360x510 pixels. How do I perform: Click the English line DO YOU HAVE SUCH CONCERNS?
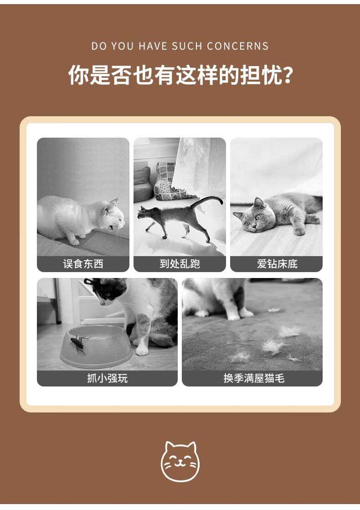[x=180, y=46]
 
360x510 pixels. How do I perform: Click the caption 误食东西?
[x=83, y=264]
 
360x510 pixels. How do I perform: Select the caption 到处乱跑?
[x=180, y=264]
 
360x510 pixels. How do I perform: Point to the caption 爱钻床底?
[x=277, y=264]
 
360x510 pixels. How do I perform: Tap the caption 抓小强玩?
[x=108, y=378]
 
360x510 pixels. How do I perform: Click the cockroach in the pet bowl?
[x=79, y=344]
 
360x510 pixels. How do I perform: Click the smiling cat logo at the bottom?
[x=180, y=461]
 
